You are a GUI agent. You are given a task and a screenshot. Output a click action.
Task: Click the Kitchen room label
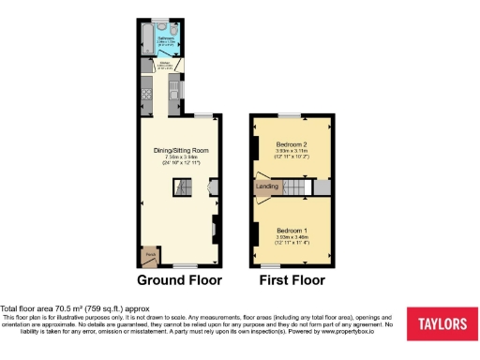point(163,65)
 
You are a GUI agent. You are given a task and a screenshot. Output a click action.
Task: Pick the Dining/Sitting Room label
point(181,150)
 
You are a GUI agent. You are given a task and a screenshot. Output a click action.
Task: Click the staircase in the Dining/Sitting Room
point(180,189)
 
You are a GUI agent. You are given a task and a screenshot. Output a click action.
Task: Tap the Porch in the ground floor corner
point(148,254)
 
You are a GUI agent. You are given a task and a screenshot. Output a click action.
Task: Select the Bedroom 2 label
point(291,142)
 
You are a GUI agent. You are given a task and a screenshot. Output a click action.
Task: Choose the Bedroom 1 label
point(291,230)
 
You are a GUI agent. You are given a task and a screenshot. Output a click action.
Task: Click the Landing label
point(267,187)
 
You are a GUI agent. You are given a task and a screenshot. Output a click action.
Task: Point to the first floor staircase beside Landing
point(295,188)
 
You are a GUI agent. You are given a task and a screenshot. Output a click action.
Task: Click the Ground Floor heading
point(180,279)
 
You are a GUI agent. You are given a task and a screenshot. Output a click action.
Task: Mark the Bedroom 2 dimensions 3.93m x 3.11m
point(291,153)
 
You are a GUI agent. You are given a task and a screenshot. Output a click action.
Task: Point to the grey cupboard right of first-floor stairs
point(322,188)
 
